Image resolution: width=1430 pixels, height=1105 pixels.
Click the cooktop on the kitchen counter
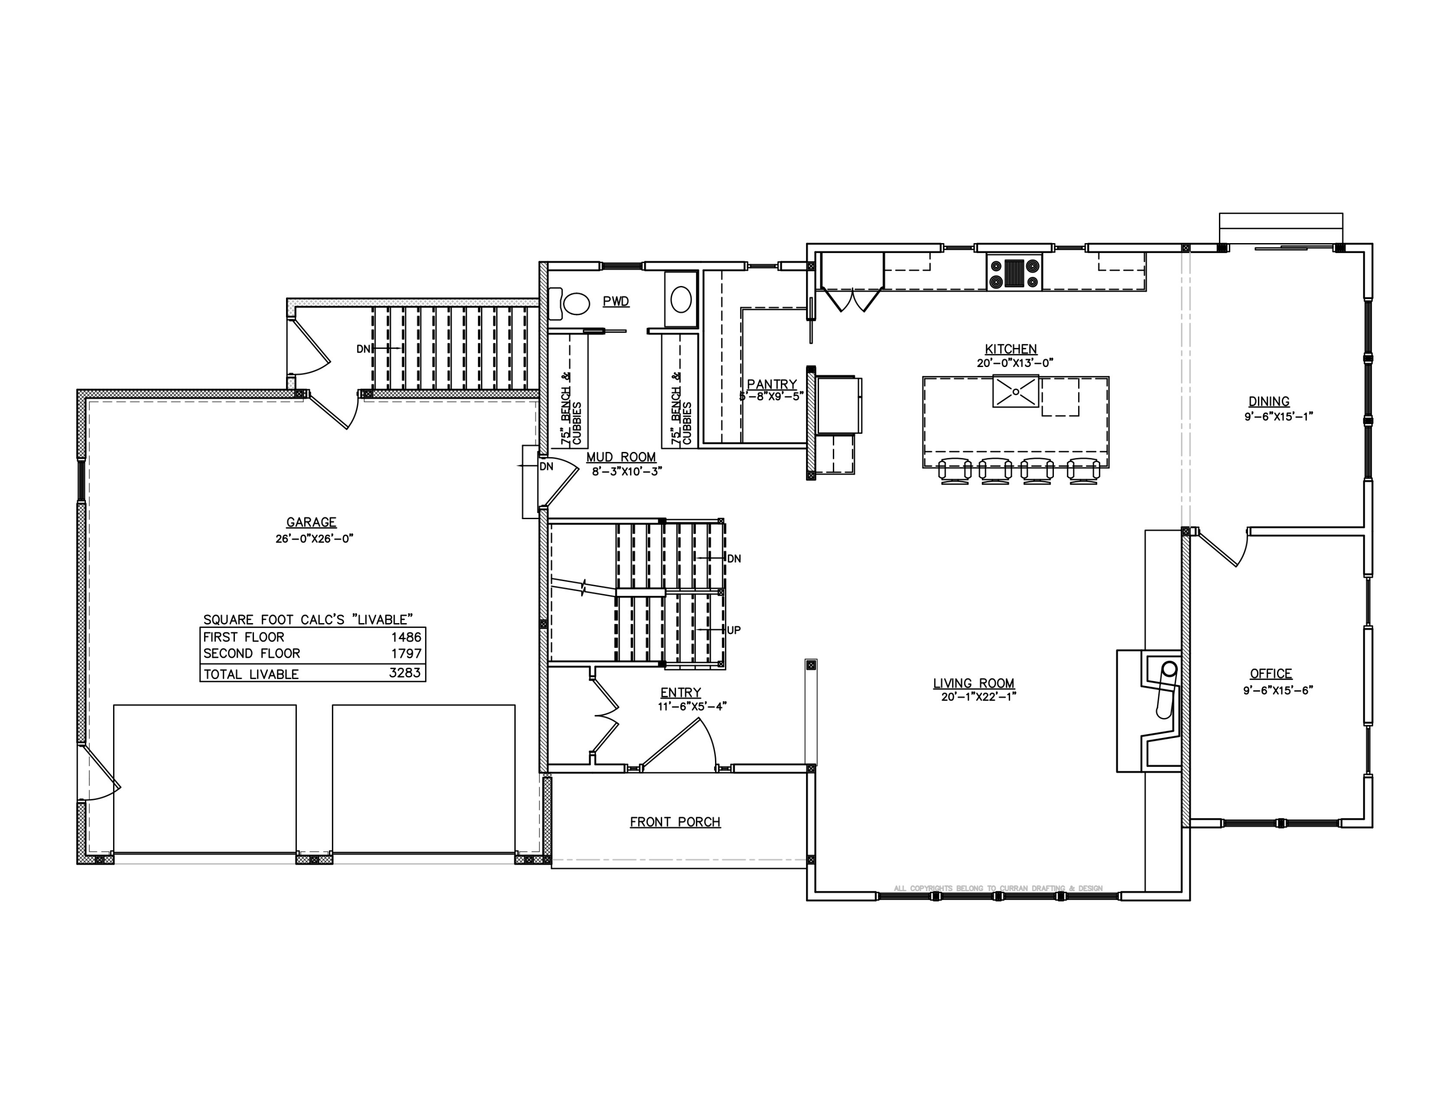[x=1013, y=273]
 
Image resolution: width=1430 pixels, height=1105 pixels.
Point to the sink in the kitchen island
[x=1015, y=391]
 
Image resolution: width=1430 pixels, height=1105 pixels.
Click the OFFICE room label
[x=1271, y=674]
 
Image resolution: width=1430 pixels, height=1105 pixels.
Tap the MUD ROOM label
[x=621, y=458]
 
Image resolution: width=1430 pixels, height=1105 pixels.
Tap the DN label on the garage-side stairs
[x=363, y=349]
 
